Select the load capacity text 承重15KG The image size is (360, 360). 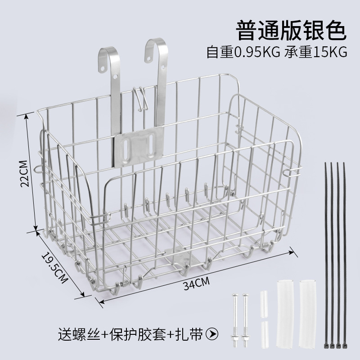click(317, 52)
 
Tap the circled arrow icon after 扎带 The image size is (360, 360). click(211, 334)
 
